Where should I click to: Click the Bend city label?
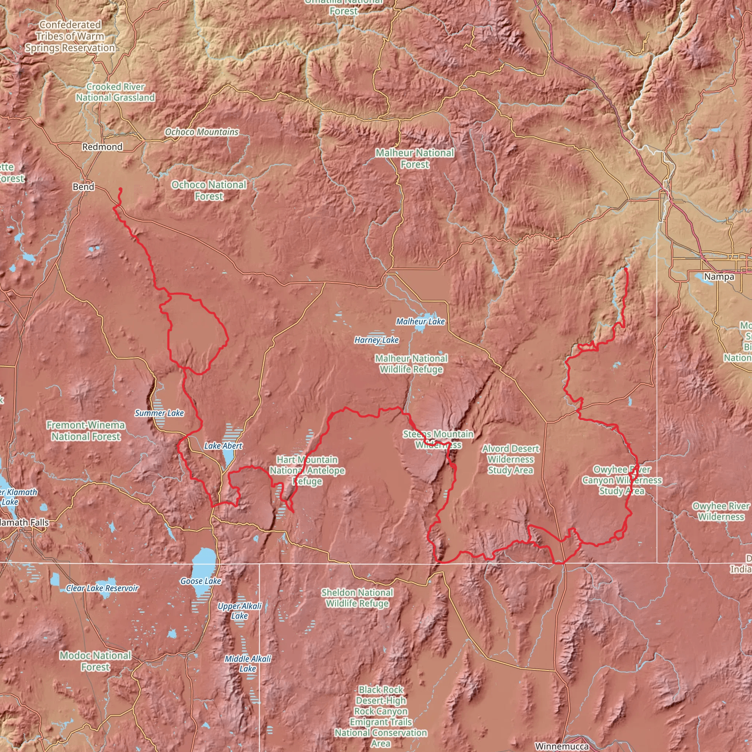coord(83,187)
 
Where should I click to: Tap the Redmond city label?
coord(102,147)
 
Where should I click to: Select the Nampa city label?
coord(719,277)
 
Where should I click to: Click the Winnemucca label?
coord(562,746)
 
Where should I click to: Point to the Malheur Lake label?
coord(420,322)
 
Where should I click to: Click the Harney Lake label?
coord(376,340)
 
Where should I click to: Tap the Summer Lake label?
coord(159,413)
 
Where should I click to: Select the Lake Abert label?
coord(223,446)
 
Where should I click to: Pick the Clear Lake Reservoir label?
coord(102,588)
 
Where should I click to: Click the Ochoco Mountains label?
coord(202,132)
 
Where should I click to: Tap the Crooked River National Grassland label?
coord(115,92)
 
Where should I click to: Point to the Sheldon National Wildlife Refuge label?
coord(357,598)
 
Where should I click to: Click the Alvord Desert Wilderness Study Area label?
coord(510,459)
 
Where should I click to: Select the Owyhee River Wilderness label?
coord(721,511)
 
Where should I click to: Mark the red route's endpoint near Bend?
coord(120,189)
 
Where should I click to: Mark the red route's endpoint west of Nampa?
coord(625,269)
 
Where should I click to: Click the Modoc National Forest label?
coord(95,661)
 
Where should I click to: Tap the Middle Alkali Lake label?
coord(248,664)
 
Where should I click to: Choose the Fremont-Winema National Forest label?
coord(86,431)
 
